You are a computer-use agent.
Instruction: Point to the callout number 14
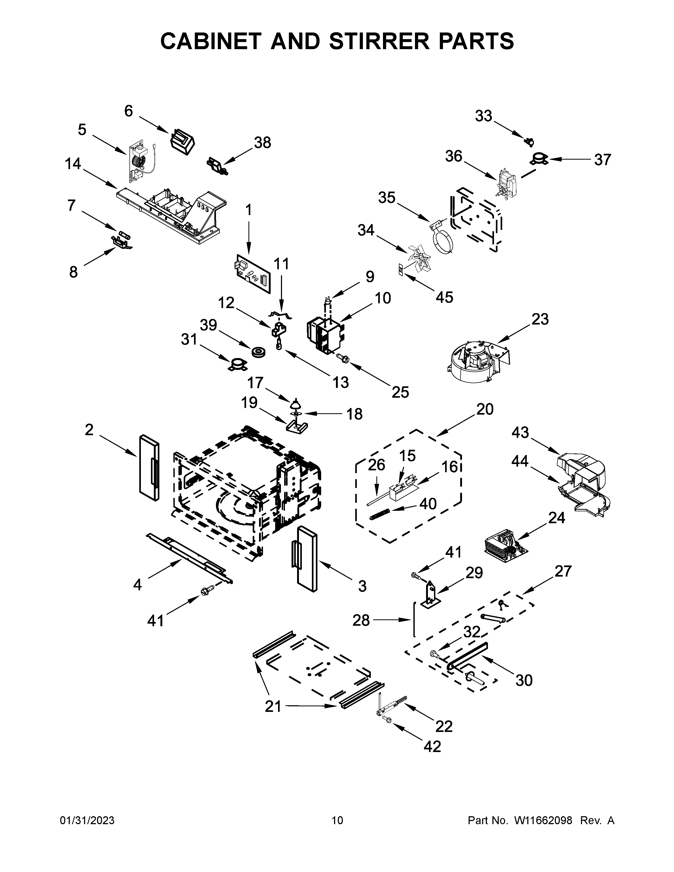click(73, 164)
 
